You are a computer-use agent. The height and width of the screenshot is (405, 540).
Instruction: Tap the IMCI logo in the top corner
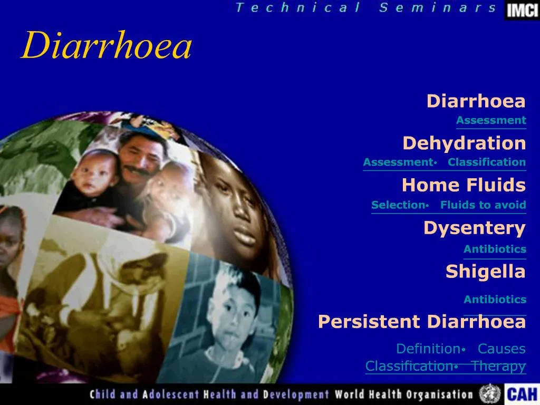522,10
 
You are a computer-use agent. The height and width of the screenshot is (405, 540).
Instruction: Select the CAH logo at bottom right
522,394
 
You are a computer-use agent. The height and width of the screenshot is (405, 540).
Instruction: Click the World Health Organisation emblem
489,393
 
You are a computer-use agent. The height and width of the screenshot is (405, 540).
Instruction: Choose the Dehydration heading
464,143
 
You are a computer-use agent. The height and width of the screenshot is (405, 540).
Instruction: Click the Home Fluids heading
464,185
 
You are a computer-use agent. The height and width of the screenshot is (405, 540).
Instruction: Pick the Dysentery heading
474,228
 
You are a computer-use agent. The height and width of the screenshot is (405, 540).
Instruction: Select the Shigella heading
485,271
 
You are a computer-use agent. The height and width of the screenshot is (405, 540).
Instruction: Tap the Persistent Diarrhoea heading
422,321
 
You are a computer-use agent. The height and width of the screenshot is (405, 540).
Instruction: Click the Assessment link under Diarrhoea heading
491,120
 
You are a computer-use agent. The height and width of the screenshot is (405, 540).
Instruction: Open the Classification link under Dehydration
487,162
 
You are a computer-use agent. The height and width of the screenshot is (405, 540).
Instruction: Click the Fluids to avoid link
483,205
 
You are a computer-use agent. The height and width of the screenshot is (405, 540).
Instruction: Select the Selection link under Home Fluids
398,205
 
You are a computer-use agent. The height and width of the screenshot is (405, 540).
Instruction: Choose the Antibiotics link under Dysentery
495,249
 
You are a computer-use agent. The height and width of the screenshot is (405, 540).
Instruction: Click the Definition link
428,349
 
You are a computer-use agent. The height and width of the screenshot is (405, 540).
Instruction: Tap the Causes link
502,349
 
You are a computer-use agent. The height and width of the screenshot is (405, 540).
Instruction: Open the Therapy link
499,366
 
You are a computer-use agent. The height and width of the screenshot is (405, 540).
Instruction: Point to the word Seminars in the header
437,7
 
